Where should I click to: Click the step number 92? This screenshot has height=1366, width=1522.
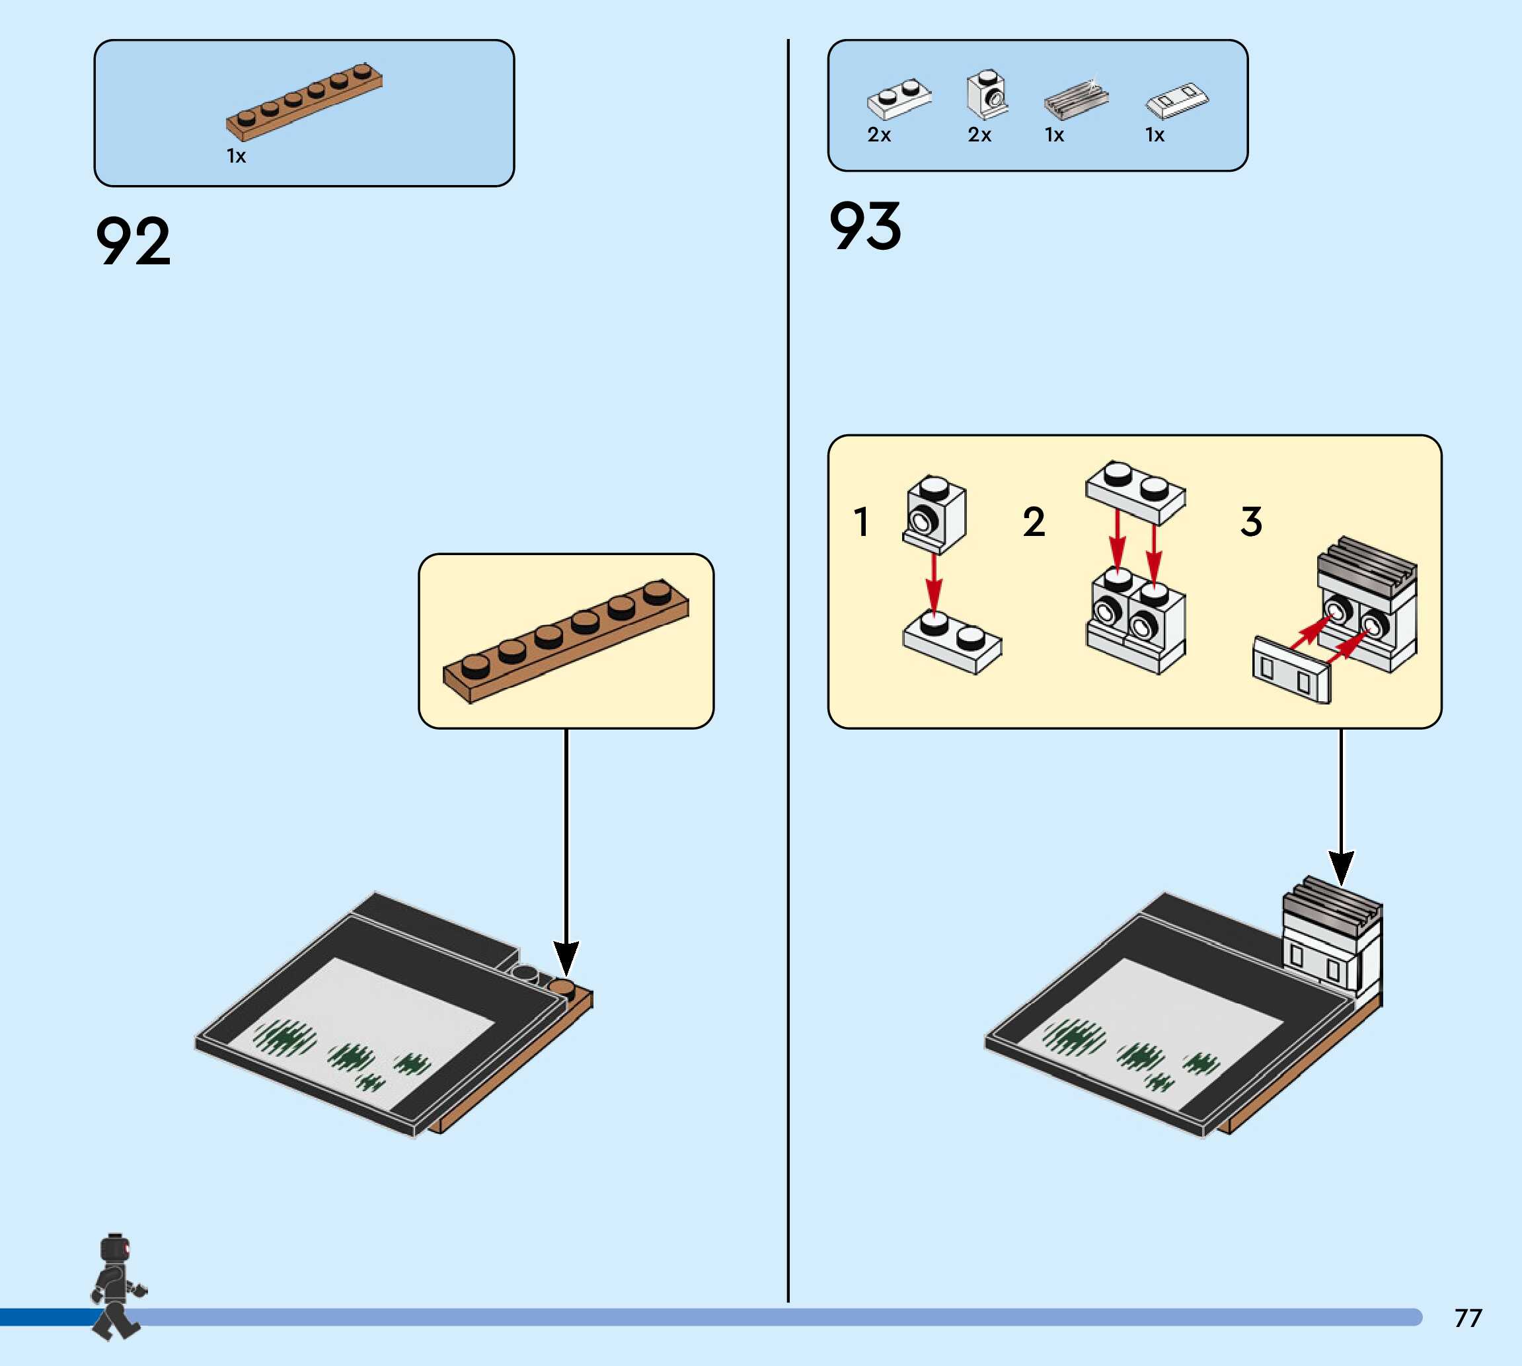(x=133, y=241)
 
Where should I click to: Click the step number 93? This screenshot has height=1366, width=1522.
(x=864, y=226)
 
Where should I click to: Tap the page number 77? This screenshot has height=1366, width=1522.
(x=1467, y=1317)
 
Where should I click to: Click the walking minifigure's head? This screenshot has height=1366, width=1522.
(x=115, y=1250)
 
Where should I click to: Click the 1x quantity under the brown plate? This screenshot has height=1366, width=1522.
(x=236, y=156)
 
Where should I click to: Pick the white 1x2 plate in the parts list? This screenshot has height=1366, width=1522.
(x=899, y=99)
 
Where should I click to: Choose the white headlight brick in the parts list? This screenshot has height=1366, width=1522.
(x=987, y=95)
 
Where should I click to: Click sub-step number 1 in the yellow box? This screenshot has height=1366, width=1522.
(x=861, y=521)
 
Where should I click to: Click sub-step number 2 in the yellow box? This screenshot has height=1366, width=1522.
(x=1034, y=521)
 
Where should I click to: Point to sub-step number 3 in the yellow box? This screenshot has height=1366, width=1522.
(x=1250, y=521)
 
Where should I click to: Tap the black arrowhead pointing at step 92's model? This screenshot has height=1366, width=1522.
(x=566, y=958)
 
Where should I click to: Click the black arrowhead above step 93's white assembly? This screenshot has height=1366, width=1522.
(x=1341, y=867)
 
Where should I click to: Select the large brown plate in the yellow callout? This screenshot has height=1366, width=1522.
(x=566, y=640)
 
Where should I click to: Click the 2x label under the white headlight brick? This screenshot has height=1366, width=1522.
(x=979, y=135)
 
